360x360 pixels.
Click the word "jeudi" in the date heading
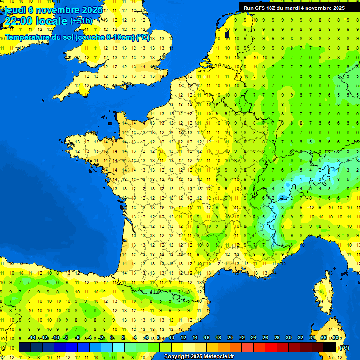click(15, 10)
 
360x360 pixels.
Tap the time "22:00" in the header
click(19, 21)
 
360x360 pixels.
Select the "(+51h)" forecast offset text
click(81, 21)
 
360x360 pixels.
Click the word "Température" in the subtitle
click(27, 37)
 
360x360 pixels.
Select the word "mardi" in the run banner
click(299, 8)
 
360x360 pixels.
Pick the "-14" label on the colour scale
click(32, 338)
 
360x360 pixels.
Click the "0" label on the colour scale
click(112, 338)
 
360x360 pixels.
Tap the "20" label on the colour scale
click(230, 338)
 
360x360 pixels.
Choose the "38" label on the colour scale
click(335, 338)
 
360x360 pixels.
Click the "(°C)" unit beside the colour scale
click(344, 348)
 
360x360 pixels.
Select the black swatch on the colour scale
click(330, 347)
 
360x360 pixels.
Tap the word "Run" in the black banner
click(249, 8)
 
